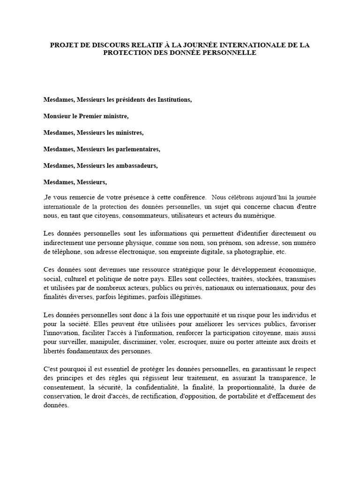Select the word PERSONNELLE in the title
click(x=230, y=53)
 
